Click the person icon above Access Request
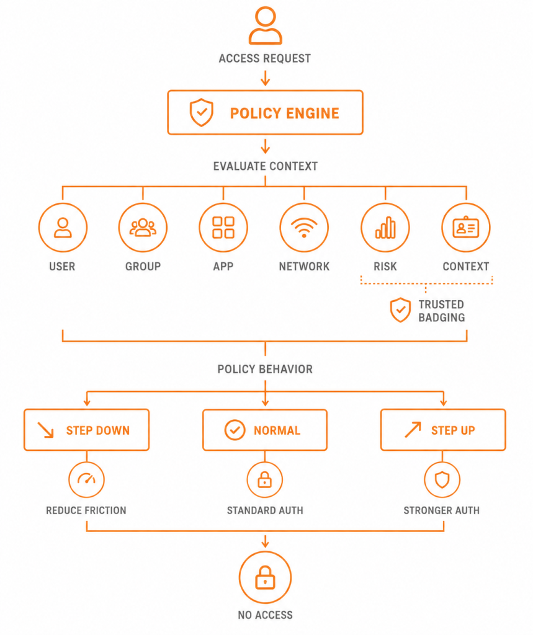point(265,25)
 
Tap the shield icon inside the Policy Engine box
point(202,112)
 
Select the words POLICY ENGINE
point(285,113)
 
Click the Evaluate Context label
point(266,166)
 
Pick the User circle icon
point(63,227)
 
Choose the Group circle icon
point(143,227)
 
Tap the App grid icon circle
point(223,227)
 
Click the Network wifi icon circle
point(304,227)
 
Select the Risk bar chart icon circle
point(385,227)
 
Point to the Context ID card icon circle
point(466,227)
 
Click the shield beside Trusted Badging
point(400,310)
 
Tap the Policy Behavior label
point(265,369)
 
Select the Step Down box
point(86,430)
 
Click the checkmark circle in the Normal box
point(235,430)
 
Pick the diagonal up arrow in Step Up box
point(413,430)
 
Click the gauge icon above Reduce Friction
point(86,479)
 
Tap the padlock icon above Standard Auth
point(265,479)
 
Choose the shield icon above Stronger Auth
point(442,479)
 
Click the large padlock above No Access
point(265,577)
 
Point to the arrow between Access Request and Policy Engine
point(265,78)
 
